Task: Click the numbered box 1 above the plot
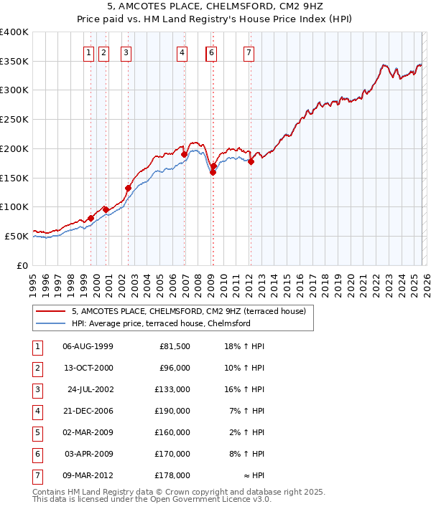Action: click(88, 52)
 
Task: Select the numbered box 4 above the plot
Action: click(182, 52)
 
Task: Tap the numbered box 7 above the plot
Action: click(249, 52)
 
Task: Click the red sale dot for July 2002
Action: click(128, 189)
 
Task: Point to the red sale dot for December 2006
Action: click(184, 154)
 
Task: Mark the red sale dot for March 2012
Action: click(251, 162)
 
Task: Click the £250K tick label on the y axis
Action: click(14, 120)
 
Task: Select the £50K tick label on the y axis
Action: click(17, 236)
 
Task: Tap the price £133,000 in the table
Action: click(173, 389)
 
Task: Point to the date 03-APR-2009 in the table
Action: click(88, 453)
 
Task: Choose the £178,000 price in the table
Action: click(173, 475)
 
